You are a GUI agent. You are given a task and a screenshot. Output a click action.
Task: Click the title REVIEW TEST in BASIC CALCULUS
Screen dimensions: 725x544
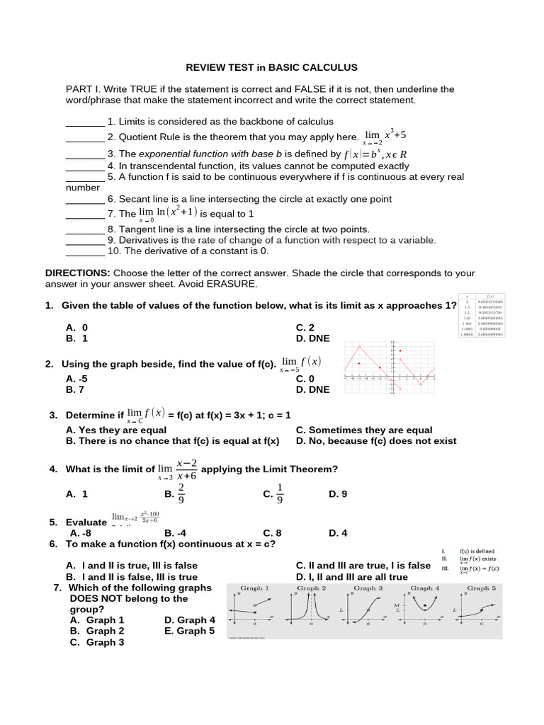271,67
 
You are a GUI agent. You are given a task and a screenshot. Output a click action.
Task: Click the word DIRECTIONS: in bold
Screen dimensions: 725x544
77,273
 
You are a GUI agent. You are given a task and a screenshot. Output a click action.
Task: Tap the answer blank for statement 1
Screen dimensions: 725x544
85,122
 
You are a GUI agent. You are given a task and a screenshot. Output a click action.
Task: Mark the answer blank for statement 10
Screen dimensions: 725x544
85,251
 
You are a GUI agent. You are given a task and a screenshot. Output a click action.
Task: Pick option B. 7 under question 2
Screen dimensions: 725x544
75,389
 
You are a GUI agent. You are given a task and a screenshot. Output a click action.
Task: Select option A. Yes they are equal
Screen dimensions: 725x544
116,430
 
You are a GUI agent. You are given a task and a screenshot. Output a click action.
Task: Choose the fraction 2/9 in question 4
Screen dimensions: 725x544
181,493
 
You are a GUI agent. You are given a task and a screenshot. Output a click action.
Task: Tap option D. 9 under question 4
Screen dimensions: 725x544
338,493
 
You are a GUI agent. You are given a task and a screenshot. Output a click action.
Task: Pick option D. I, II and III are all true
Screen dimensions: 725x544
351,577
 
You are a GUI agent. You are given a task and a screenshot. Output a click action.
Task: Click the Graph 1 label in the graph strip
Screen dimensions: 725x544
255,588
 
